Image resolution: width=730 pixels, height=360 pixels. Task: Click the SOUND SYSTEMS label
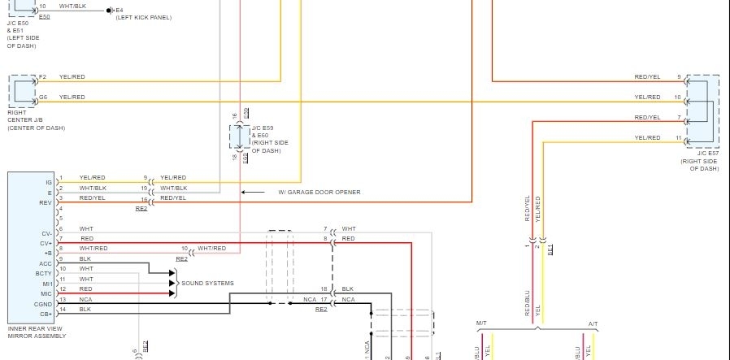pyautogui.click(x=207, y=283)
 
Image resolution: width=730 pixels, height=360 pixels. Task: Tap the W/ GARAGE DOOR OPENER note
pyautogui.click(x=319, y=193)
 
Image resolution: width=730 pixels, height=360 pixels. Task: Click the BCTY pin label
pyautogui.click(x=44, y=273)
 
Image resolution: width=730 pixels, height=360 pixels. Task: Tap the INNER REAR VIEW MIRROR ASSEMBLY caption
pyautogui.click(x=37, y=332)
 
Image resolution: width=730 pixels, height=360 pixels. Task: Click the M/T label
pyautogui.click(x=480, y=324)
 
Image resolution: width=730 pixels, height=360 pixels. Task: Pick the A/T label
pyautogui.click(x=593, y=324)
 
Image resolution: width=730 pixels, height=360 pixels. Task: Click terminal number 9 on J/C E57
pyautogui.click(x=678, y=76)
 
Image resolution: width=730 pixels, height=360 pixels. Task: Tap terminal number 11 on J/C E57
pyautogui.click(x=678, y=138)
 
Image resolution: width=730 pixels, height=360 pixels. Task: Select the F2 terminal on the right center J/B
pyautogui.click(x=42, y=76)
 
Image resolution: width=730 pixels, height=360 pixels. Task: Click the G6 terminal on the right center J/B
pyautogui.click(x=42, y=97)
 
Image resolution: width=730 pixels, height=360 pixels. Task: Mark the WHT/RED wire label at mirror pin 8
pyautogui.click(x=93, y=248)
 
